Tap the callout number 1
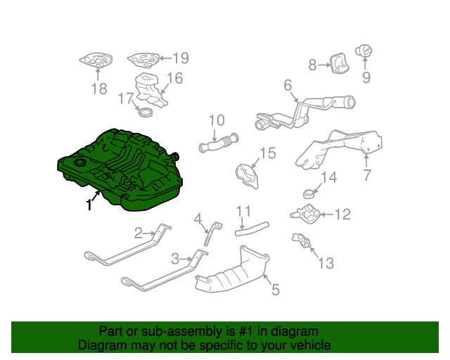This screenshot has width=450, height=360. (89, 205)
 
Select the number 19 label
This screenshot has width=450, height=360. (181, 58)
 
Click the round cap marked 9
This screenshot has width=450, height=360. (364, 51)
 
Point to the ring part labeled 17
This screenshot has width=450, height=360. (146, 112)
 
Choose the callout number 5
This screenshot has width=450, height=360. (276, 290)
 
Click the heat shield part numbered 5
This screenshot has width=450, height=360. (233, 271)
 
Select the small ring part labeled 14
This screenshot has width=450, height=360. (309, 194)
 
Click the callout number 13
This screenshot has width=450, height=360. (326, 263)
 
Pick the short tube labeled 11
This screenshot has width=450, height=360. (252, 229)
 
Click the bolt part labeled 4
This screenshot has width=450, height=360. (212, 233)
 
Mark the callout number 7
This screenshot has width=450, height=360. (367, 175)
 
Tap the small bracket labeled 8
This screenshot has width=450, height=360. (340, 63)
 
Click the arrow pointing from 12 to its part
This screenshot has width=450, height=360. (326, 214)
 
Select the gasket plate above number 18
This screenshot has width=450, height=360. (96, 60)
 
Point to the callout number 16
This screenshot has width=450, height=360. (175, 78)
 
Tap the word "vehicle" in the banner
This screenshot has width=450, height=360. (312, 345)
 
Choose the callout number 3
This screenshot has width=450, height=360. (175, 259)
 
